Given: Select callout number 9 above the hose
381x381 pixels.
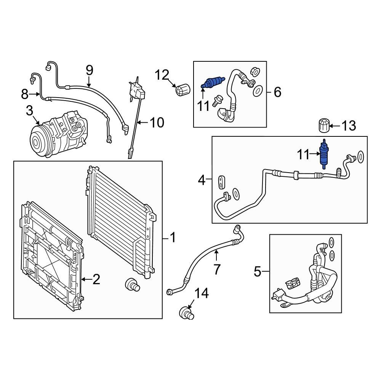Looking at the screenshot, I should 89,70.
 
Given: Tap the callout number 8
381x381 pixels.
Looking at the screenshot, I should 25,93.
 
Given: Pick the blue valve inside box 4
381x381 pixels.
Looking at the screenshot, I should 323,154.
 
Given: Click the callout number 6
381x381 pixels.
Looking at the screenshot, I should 277,92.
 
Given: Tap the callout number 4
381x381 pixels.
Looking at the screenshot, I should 202,179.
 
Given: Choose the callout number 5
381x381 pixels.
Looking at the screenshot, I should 258,272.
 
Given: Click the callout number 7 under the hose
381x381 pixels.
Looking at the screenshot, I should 217,269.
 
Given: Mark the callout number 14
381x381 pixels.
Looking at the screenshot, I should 202,294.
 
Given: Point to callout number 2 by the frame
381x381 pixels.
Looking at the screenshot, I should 96,280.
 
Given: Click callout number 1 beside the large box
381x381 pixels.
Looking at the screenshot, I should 173,239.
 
